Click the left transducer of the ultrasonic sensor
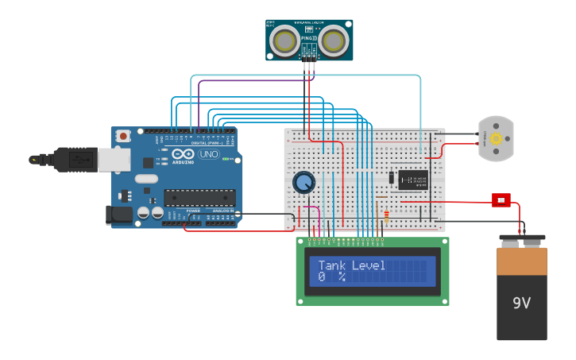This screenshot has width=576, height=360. [x=284, y=40]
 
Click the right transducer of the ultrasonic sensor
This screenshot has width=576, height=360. [x=334, y=40]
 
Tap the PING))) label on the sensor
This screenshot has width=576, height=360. [x=309, y=37]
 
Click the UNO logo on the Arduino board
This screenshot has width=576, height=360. [x=209, y=154]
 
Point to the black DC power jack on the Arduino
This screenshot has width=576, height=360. [x=119, y=215]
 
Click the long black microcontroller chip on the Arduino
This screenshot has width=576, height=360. [x=199, y=198]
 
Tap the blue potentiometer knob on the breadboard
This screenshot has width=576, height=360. [x=303, y=184]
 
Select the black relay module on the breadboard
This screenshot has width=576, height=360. [x=412, y=180]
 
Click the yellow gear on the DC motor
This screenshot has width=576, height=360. [x=497, y=138]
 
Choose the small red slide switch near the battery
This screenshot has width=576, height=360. [x=501, y=200]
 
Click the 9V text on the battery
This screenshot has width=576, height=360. [x=521, y=303]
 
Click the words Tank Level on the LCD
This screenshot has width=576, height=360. [x=352, y=265]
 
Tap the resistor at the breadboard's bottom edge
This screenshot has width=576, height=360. [x=386, y=214]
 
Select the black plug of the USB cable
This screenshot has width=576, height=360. [x=72, y=160]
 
